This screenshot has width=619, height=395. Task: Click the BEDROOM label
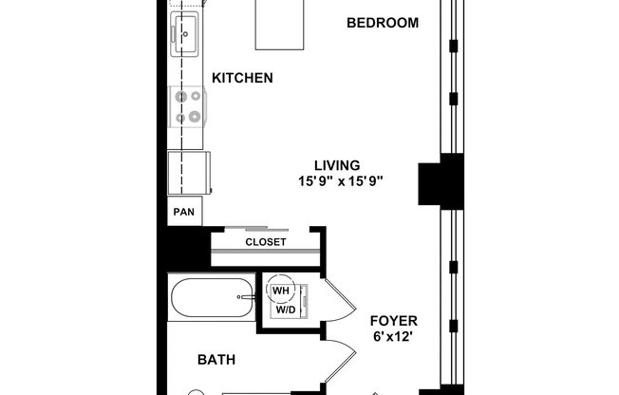[x=382, y=23]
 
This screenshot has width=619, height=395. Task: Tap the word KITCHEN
[x=242, y=78]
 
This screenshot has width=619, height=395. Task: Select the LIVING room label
[x=338, y=163]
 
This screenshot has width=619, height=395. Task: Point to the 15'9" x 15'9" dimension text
[x=340, y=179]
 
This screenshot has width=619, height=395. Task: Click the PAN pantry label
[x=182, y=213]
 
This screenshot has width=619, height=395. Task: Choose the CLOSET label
[x=266, y=242]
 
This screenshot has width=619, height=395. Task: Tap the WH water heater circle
[x=282, y=291]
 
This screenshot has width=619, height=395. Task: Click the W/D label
[x=285, y=310]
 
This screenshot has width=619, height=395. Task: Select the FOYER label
[x=393, y=321]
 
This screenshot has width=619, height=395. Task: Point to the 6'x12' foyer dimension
[x=393, y=337]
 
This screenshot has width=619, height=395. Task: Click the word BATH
[x=216, y=360]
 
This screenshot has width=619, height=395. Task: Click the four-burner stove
[x=186, y=106]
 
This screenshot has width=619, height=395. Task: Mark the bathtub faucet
[x=247, y=298]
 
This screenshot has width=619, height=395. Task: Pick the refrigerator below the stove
[x=188, y=173]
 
